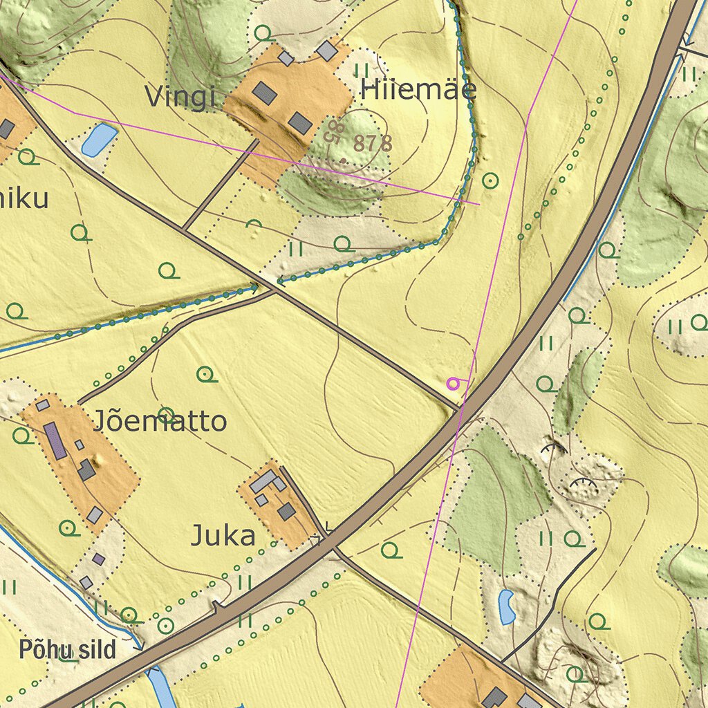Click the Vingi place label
[x=180, y=97]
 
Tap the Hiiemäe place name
[x=418, y=90]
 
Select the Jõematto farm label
[x=160, y=421]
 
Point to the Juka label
[x=223, y=536]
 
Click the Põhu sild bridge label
[x=67, y=650]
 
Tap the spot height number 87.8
[x=373, y=144]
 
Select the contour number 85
[x=335, y=131]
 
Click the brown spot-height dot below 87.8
[x=344, y=161]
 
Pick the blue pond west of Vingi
[x=99, y=139]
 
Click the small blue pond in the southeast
[x=507, y=607]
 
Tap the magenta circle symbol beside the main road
[x=453, y=383]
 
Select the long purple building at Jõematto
[x=55, y=440]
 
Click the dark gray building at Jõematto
[x=86, y=470]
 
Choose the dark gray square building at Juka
[x=286, y=512]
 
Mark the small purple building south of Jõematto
[x=99, y=559]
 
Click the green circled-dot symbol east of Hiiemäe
[x=490, y=180]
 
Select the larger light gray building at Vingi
[x=326, y=50]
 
